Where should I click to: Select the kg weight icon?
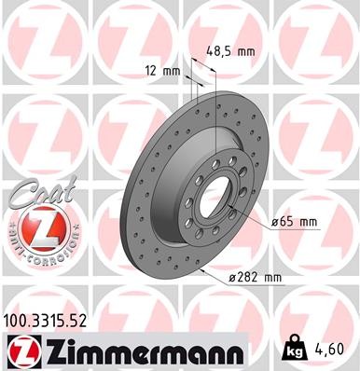[x=292, y=350]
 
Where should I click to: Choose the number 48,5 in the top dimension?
[x=220, y=52]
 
